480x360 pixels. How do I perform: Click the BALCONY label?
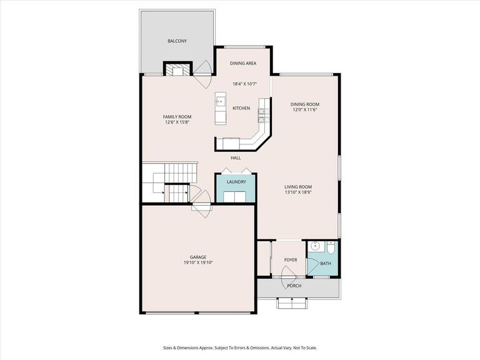177,41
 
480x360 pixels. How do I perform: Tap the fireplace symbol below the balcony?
177,69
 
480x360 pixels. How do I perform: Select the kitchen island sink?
220,100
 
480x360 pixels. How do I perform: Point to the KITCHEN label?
241,108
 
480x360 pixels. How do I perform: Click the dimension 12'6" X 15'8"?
177,122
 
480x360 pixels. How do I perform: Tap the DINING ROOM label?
305,104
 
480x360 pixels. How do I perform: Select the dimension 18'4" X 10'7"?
243,84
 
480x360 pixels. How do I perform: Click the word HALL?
236,157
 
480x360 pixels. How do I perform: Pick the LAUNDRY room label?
236,182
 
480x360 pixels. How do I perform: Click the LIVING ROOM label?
298,187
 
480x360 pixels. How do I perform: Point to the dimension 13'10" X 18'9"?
298,192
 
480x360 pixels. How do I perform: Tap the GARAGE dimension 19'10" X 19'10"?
198,262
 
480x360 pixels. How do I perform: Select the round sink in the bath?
316,246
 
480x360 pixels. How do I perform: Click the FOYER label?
291,259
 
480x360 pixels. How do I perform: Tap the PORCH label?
294,286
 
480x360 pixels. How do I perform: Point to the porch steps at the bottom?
292,303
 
